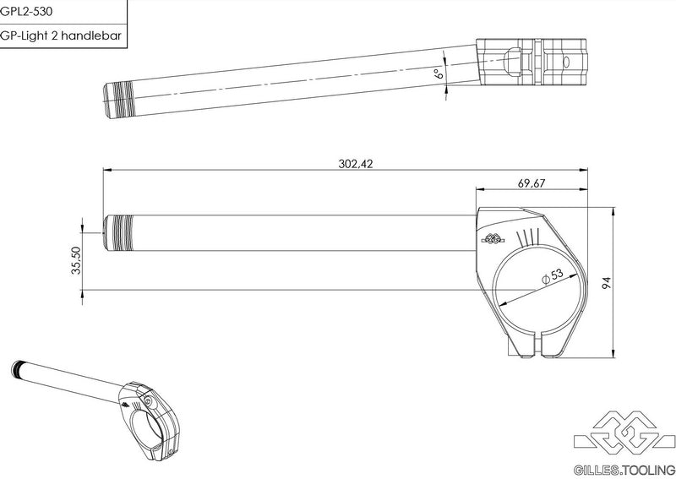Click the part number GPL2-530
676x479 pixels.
click(26, 11)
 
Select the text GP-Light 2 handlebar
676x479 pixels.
click(60, 35)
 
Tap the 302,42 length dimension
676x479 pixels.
click(355, 164)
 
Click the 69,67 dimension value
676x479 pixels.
click(532, 183)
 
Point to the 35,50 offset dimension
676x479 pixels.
click(76, 260)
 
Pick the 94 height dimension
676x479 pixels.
click(607, 283)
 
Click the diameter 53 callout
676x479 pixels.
click(553, 276)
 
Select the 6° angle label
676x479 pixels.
click(439, 73)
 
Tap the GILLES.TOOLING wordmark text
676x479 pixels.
click(624, 470)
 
